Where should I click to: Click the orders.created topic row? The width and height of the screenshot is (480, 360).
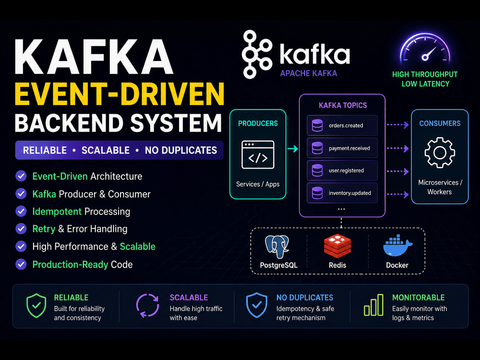[x=342, y=125]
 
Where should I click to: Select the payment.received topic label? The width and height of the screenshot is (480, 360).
[x=349, y=148]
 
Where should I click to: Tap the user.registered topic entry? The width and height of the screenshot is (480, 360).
[x=342, y=170]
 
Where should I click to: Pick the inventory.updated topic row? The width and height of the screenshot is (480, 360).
[x=342, y=193]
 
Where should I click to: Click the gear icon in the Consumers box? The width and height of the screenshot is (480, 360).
[x=440, y=153]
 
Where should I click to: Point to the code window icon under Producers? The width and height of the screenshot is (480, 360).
[x=258, y=155]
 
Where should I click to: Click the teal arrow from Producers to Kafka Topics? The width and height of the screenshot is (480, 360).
[x=293, y=149]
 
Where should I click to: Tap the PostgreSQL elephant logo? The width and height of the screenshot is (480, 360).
[x=277, y=247]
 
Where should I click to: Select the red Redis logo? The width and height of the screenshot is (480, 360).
[x=337, y=246]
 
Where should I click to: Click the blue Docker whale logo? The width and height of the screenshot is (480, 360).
[x=397, y=246]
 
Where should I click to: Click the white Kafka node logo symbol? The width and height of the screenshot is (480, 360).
[x=256, y=55]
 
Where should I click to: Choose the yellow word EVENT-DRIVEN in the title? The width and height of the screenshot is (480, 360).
[x=120, y=94]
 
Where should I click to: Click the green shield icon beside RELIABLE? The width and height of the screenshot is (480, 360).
[x=36, y=305]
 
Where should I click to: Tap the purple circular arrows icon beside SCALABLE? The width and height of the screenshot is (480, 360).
[x=147, y=305]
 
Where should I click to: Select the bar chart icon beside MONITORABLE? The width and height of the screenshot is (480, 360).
[x=373, y=305]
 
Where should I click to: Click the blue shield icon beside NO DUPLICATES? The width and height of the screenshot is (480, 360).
[x=256, y=305]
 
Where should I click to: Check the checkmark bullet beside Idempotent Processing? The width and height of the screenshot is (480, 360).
[x=21, y=211]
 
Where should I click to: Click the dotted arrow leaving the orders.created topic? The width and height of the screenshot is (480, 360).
[x=397, y=125]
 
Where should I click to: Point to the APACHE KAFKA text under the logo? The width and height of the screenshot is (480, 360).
[x=309, y=73]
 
